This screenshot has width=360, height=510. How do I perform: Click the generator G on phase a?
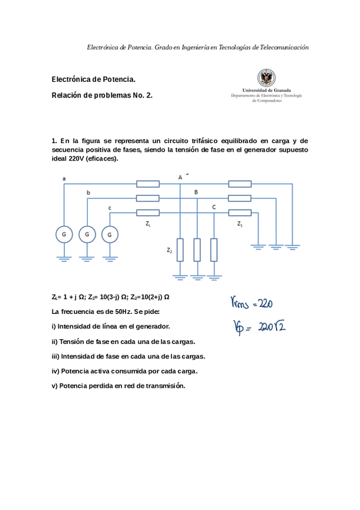point(64,233)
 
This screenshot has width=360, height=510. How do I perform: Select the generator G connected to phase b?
point(87,233)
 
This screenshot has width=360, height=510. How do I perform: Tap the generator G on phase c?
point(110,233)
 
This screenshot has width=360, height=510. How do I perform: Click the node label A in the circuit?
point(180,177)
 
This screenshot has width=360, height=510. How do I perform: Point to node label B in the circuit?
point(195,191)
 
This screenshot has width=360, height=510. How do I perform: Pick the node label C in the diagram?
point(214,206)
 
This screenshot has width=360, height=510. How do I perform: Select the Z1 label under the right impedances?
point(240,223)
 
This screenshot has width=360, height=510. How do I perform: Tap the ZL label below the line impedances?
point(148,223)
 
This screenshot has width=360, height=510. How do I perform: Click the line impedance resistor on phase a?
point(148,184)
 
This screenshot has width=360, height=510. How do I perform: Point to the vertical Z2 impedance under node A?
point(180,250)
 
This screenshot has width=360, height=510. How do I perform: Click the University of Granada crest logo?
point(266,78)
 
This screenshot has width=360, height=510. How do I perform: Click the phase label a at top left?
point(64,178)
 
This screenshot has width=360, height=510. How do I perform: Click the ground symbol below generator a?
point(64,259)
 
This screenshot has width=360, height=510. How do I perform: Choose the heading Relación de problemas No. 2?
point(102,95)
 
